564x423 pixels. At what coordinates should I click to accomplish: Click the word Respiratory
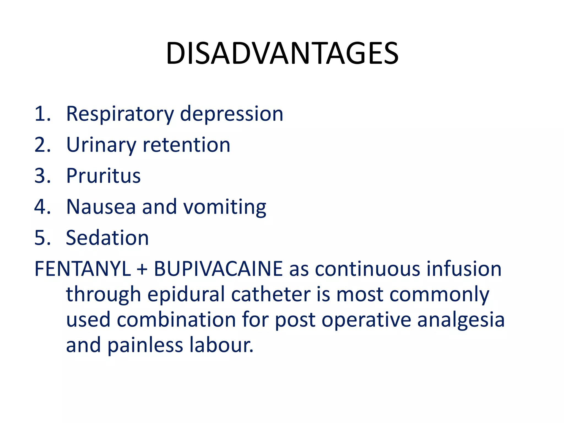point(120,114)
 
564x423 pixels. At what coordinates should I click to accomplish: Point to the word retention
point(186,145)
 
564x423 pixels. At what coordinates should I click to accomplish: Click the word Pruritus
point(104,176)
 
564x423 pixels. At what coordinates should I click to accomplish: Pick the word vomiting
point(225,207)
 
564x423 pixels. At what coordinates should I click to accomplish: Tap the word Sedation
point(107,238)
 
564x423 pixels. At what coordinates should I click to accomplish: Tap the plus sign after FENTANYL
point(142,269)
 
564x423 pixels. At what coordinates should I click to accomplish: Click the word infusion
point(464,269)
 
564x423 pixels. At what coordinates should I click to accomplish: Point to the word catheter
point(271,294)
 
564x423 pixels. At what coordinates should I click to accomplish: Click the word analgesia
point(461,320)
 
